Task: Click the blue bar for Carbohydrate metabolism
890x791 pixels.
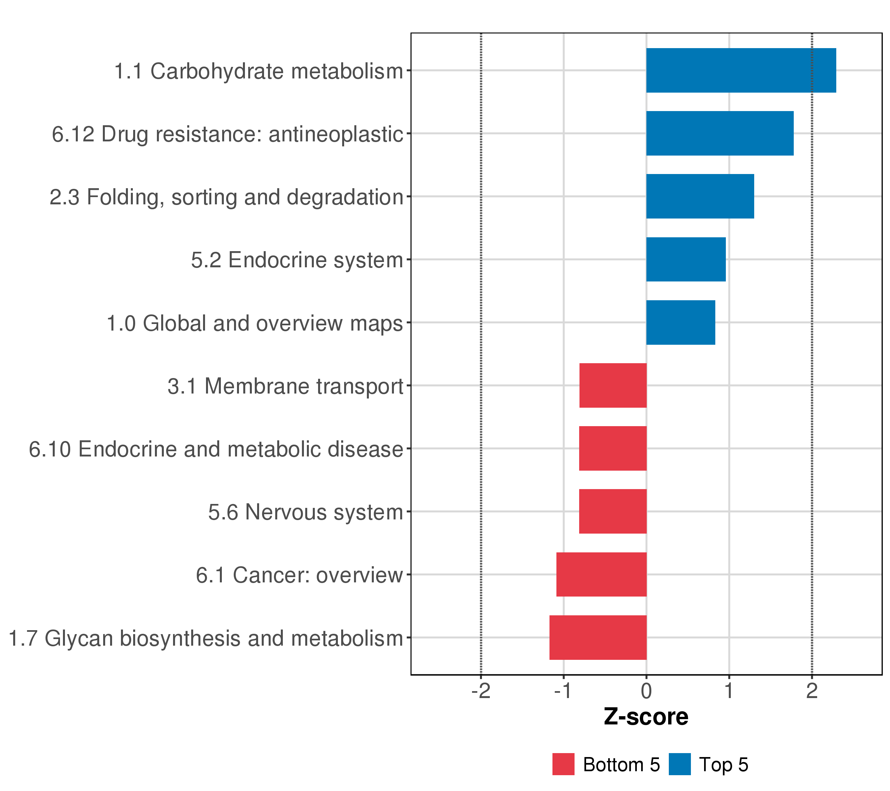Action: pyautogui.click(x=741, y=70)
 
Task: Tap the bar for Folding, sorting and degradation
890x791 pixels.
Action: pyautogui.click(x=700, y=196)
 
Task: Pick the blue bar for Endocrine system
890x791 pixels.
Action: pyautogui.click(x=686, y=259)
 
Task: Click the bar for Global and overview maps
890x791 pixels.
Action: pyautogui.click(x=681, y=323)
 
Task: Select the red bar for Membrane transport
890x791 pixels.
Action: pyautogui.click(x=613, y=385)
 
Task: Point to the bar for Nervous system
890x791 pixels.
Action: pyautogui.click(x=613, y=511)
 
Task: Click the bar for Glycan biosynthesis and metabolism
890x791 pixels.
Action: pyautogui.click(x=598, y=637)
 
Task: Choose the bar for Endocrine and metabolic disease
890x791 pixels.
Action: pyautogui.click(x=613, y=448)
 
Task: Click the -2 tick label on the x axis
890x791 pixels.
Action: pyautogui.click(x=481, y=691)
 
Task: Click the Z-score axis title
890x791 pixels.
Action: pyautogui.click(x=646, y=717)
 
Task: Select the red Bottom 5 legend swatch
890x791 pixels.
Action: pyautogui.click(x=563, y=764)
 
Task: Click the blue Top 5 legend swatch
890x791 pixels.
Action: pyautogui.click(x=679, y=764)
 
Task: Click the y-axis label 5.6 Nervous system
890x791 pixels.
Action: pyautogui.click(x=306, y=512)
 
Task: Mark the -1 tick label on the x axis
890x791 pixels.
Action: pyautogui.click(x=563, y=691)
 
